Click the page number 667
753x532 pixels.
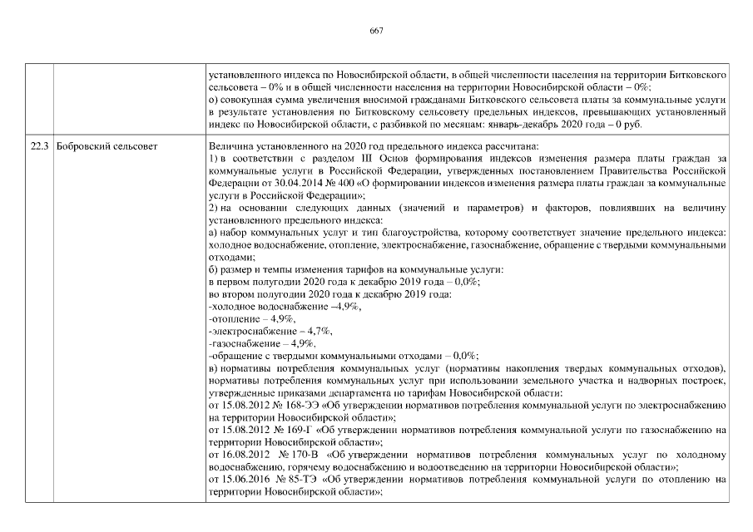[x=376, y=31]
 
